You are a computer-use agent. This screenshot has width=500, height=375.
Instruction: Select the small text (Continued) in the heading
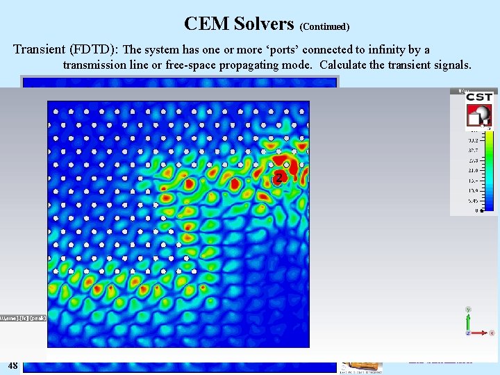coord(324,26)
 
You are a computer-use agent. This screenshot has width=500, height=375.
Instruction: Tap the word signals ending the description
coord(452,65)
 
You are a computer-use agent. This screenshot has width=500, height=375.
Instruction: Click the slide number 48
coord(12,365)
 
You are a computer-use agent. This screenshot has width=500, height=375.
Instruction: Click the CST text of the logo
coord(480,98)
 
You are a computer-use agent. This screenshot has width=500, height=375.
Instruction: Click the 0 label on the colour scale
coord(476,210)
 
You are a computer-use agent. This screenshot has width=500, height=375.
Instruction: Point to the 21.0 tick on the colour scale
coord(474,169)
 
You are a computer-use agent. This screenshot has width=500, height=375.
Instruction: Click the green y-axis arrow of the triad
coord(469,319)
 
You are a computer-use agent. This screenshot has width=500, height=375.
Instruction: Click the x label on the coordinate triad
coord(492,333)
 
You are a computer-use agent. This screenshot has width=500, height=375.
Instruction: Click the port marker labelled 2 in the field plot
coord(278,178)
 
